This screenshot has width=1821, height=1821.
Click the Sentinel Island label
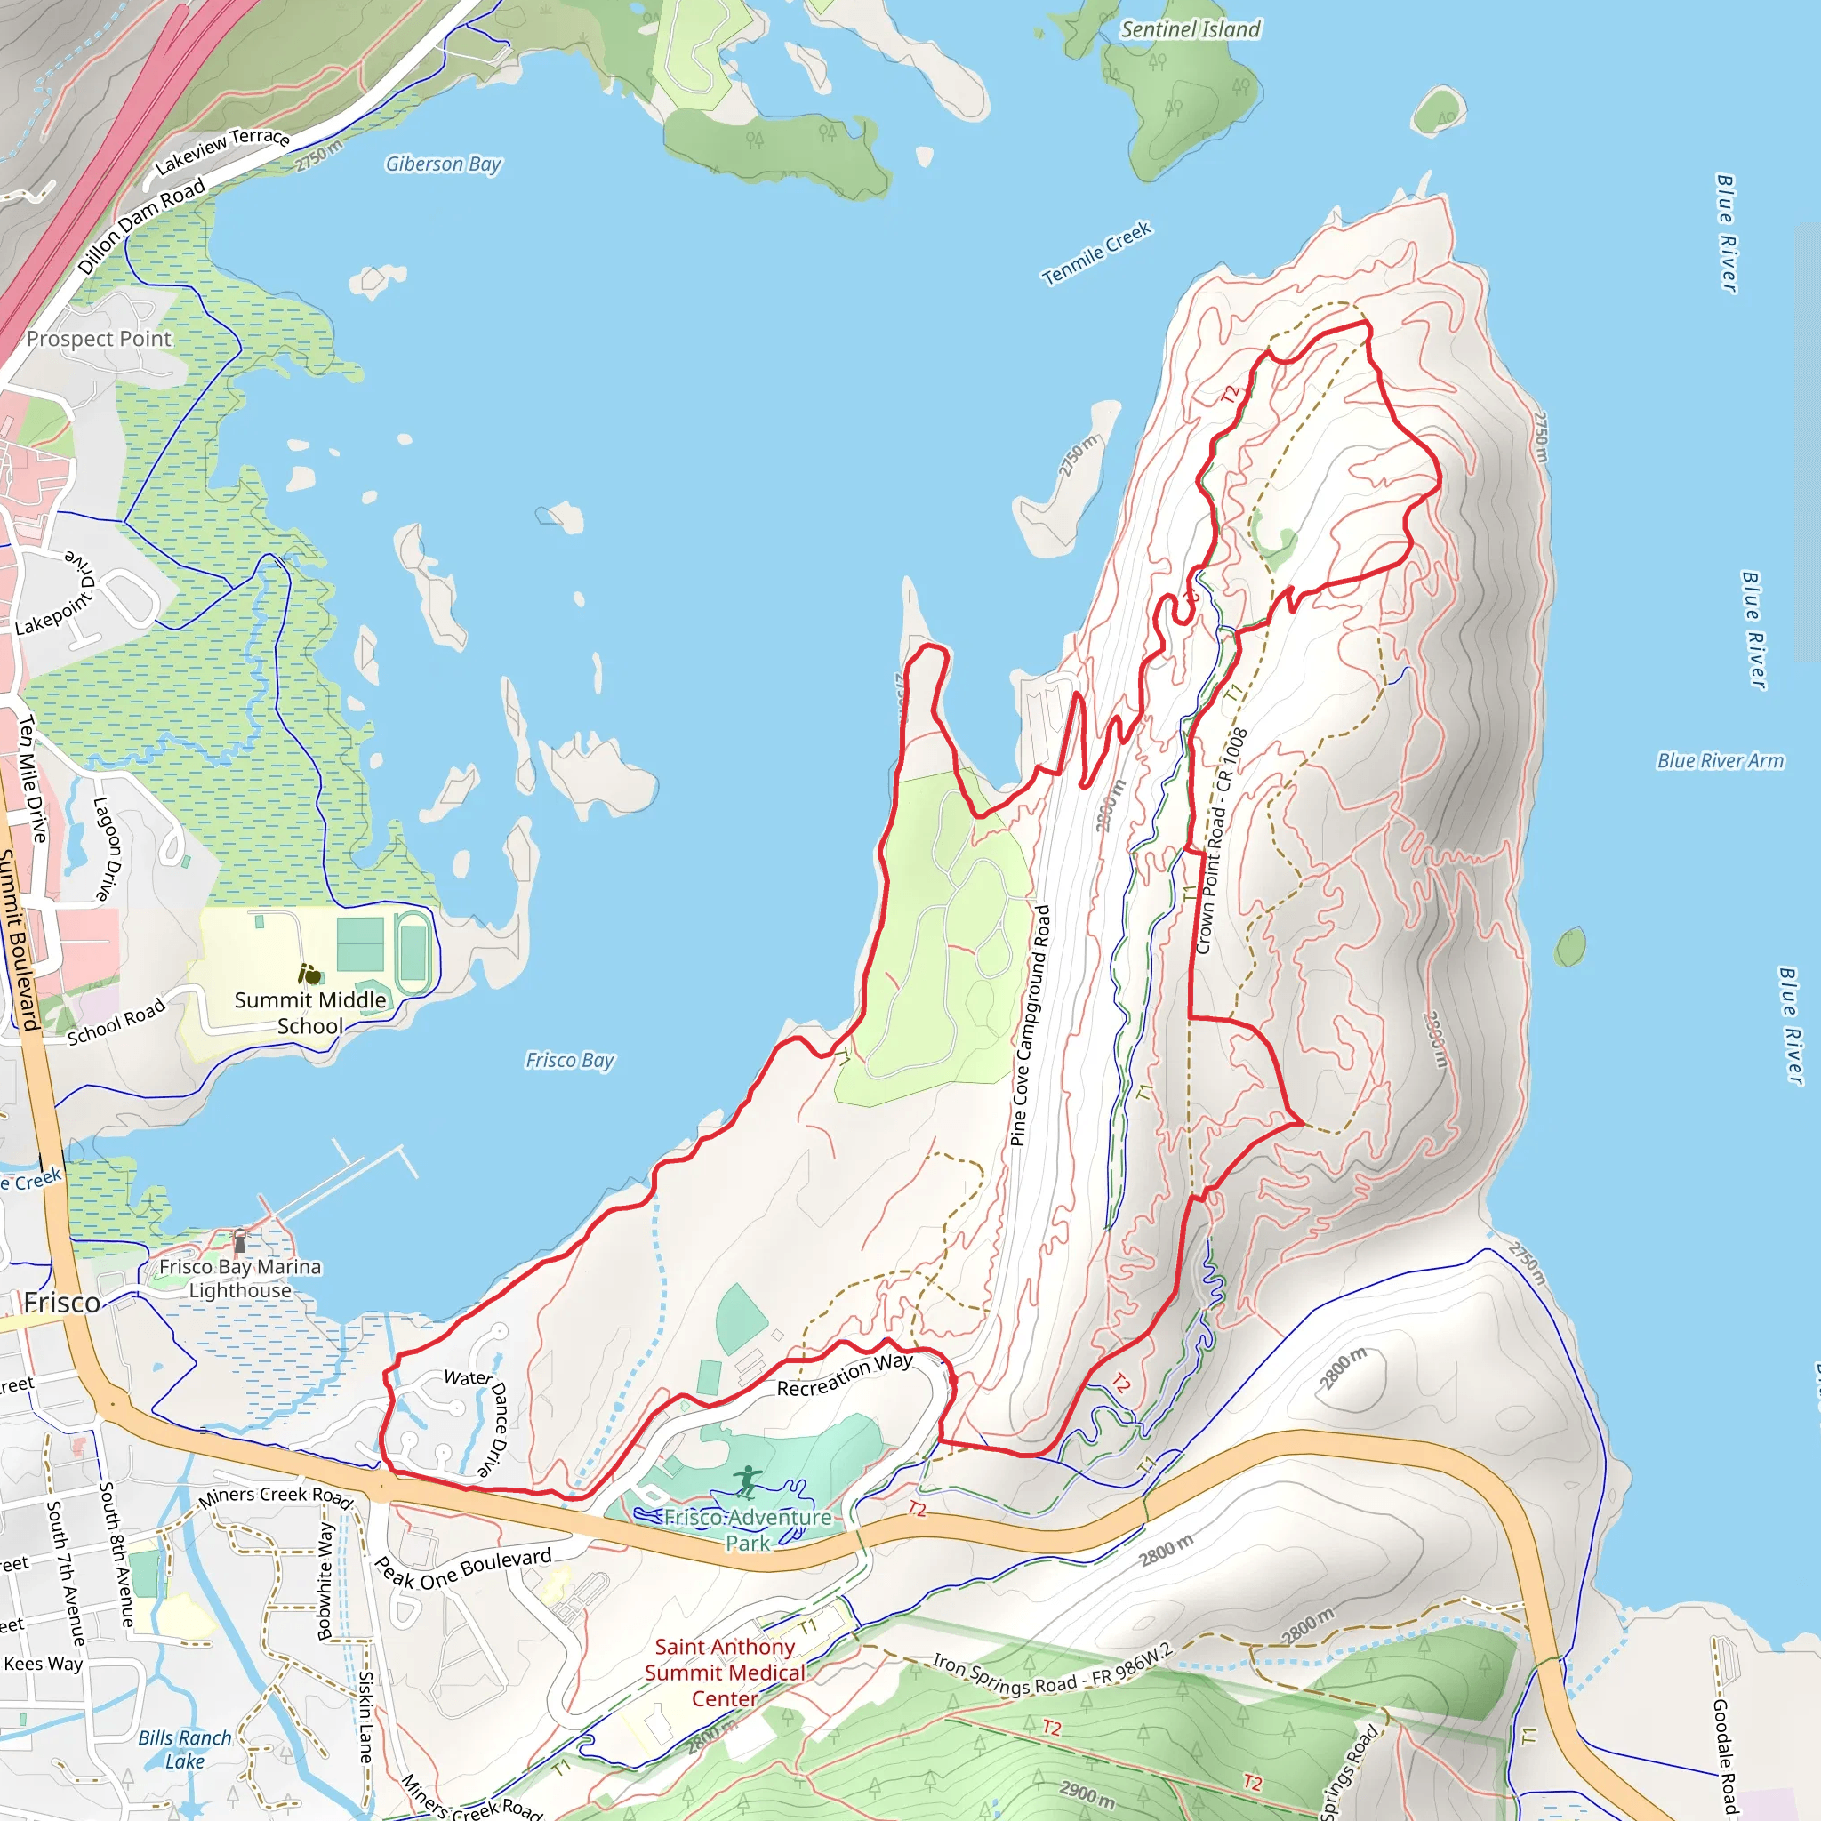[x=1190, y=30]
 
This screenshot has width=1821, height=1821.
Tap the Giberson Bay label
[x=443, y=164]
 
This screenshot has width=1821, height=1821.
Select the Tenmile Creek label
[x=1096, y=253]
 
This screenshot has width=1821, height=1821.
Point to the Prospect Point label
[x=99, y=339]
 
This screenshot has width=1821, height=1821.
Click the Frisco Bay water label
[x=569, y=1061]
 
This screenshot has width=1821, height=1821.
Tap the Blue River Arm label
[x=1721, y=760]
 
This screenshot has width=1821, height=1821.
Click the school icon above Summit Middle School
[x=309, y=974]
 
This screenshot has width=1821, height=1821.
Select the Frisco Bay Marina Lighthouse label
[x=239, y=1279]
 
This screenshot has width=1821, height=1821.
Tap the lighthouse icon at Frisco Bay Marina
[x=240, y=1239]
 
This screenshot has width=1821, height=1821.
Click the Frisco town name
[x=62, y=1303]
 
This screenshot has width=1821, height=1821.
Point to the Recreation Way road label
[x=845, y=1376]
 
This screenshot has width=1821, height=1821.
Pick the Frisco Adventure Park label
[x=748, y=1529]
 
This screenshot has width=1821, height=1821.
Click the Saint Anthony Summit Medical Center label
[x=725, y=1673]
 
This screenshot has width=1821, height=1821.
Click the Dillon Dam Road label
[x=141, y=226]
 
